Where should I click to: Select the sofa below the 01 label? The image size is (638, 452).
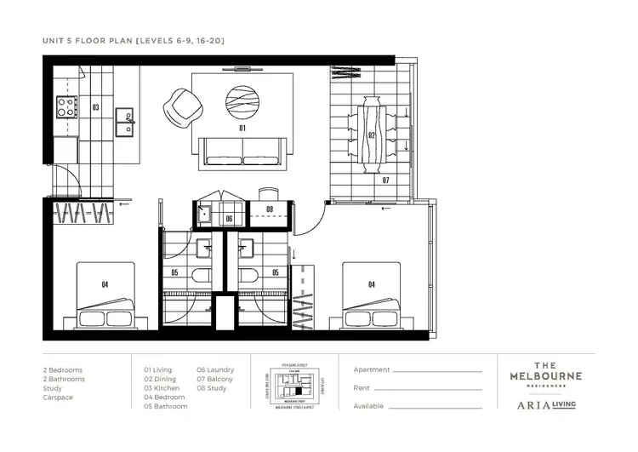(242, 151)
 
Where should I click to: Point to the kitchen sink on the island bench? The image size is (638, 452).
(126, 116)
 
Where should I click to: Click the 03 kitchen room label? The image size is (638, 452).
(95, 108)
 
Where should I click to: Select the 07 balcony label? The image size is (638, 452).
(385, 180)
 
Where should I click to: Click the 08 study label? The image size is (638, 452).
(270, 209)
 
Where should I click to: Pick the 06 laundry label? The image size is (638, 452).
(229, 219)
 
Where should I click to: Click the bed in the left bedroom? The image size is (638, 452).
(106, 297)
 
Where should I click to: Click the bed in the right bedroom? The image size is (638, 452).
(372, 297)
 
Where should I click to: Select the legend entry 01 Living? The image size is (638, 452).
(158, 369)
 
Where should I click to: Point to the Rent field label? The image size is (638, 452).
(362, 388)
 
